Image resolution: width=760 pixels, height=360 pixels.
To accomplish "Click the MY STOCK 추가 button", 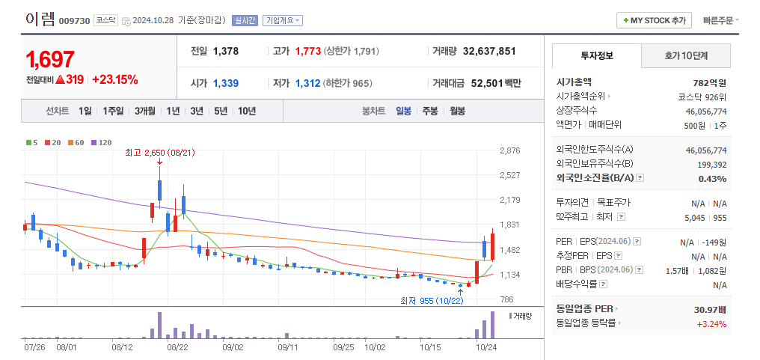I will pyautogui.click(x=654, y=20).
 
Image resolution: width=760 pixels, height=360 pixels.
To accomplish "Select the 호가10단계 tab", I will pyautogui.click(x=685, y=56).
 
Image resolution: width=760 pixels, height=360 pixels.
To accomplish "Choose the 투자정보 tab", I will pyautogui.click(x=596, y=56).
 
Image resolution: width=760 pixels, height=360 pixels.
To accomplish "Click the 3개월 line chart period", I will pyautogui.click(x=145, y=111).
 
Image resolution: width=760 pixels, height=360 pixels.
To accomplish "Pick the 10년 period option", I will pyautogui.click(x=246, y=111).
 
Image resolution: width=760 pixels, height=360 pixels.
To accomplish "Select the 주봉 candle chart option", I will pyautogui.click(x=429, y=111).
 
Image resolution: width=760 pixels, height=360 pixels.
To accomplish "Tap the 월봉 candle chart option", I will pyautogui.click(x=456, y=111).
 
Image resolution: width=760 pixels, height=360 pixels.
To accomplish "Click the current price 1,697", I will pyautogui.click(x=50, y=59).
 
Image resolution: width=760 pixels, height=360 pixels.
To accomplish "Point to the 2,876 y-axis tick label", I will pyautogui.click(x=509, y=151).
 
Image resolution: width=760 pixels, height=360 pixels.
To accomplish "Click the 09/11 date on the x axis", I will pyautogui.click(x=288, y=347).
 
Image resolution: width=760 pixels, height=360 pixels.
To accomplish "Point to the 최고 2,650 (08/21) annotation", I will pyautogui.click(x=159, y=153).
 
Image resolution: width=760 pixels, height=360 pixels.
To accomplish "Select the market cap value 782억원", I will pyautogui.click(x=709, y=82).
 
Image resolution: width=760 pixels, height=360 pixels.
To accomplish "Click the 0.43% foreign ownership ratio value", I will pyautogui.click(x=711, y=179).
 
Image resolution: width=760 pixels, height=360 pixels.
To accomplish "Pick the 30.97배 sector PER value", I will pyautogui.click(x=710, y=309).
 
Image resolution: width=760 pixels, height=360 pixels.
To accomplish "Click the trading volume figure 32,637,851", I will pyautogui.click(x=489, y=52).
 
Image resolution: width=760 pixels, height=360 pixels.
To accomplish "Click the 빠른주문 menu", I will pyautogui.click(x=720, y=20).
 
